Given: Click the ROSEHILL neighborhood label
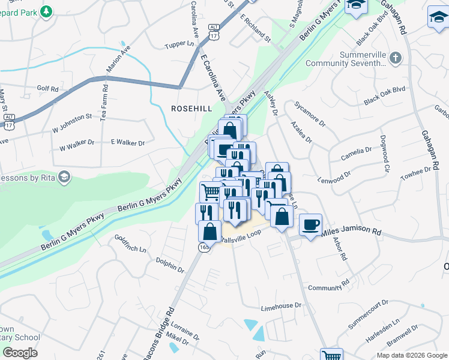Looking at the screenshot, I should (192, 109).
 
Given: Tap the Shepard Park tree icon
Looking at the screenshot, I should (46, 11).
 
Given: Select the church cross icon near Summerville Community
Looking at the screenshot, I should (394, 58).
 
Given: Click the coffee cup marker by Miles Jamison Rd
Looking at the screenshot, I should (310, 225).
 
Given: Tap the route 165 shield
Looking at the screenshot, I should (205, 247).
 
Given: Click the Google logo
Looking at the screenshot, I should (19, 353).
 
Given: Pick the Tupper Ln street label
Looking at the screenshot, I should (182, 44).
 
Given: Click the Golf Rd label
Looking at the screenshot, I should (47, 89).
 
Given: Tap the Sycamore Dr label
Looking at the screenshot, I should (309, 113).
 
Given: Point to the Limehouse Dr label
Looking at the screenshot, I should (280, 306).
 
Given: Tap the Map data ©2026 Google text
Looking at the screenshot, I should (411, 355).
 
